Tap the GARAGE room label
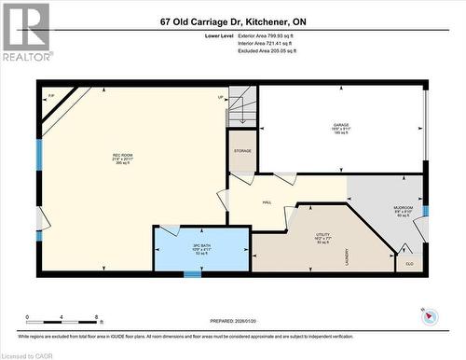[341, 125]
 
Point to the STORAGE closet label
[243, 150]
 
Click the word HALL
[266, 201]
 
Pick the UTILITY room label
[322, 235]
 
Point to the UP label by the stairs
[221, 98]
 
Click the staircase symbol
[242, 106]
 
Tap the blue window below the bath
[193, 274]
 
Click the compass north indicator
[428, 316]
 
